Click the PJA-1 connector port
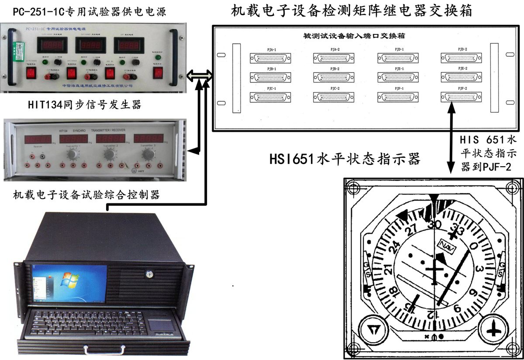(266, 58)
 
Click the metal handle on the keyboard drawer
(101, 350)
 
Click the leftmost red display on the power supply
(52, 45)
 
